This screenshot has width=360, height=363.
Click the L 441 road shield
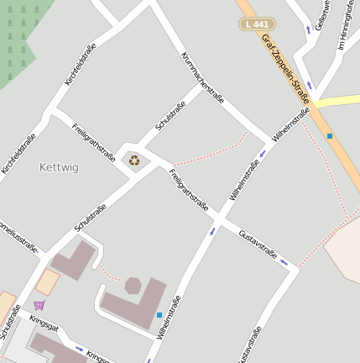[x=257, y=25]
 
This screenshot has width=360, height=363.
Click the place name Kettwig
[x=59, y=167]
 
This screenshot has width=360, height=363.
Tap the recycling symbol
[x=134, y=160]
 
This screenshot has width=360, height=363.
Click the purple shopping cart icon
[x=39, y=305]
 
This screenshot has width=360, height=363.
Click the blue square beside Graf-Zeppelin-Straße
[x=329, y=136]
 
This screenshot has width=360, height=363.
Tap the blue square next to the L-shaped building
[x=159, y=315]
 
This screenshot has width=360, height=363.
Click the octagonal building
[x=133, y=285]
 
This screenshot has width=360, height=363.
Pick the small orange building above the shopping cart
[x=47, y=281]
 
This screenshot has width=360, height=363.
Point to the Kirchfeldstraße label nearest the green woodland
[x=81, y=65]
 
